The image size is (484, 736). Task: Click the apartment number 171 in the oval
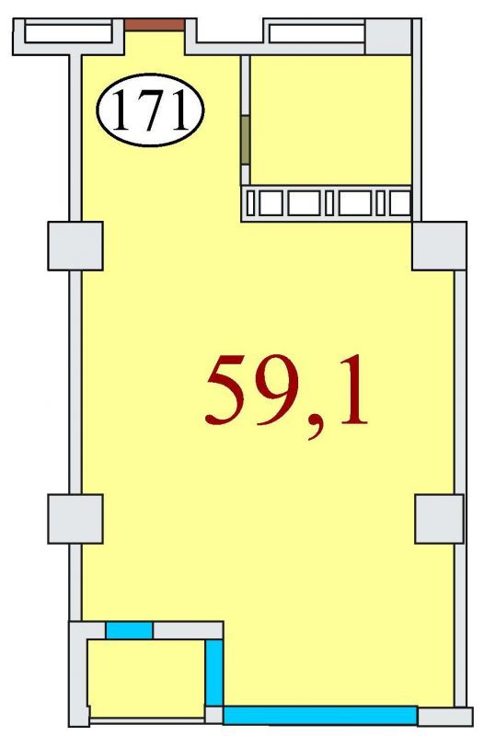point(150,110)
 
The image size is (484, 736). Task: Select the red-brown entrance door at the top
point(155,25)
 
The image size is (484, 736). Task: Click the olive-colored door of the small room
point(245,141)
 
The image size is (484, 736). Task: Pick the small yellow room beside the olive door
point(331,120)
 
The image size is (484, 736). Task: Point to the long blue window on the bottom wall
point(320,716)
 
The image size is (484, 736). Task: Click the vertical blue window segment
point(214,673)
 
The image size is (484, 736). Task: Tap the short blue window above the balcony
point(129,630)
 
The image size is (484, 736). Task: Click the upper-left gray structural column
point(75,246)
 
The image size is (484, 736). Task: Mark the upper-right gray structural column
point(439,246)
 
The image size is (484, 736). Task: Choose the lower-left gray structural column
point(75,519)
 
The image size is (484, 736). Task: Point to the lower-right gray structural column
point(439,519)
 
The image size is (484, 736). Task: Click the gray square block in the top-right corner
point(388,36)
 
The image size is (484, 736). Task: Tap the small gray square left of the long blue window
point(214,716)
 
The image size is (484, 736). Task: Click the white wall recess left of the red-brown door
point(68,33)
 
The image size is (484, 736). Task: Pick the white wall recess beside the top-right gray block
point(317,33)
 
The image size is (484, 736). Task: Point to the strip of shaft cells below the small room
point(327,203)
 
